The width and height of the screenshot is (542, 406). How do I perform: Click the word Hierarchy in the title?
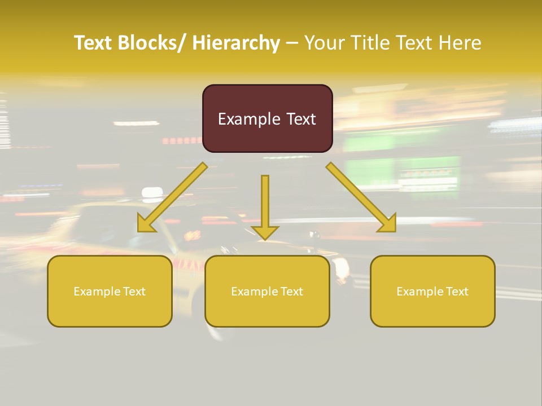[x=236, y=43]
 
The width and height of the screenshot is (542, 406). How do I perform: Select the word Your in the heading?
[x=325, y=43]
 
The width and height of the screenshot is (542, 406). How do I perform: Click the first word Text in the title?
[x=95, y=43]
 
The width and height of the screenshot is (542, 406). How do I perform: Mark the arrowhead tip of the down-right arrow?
[x=395, y=231]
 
